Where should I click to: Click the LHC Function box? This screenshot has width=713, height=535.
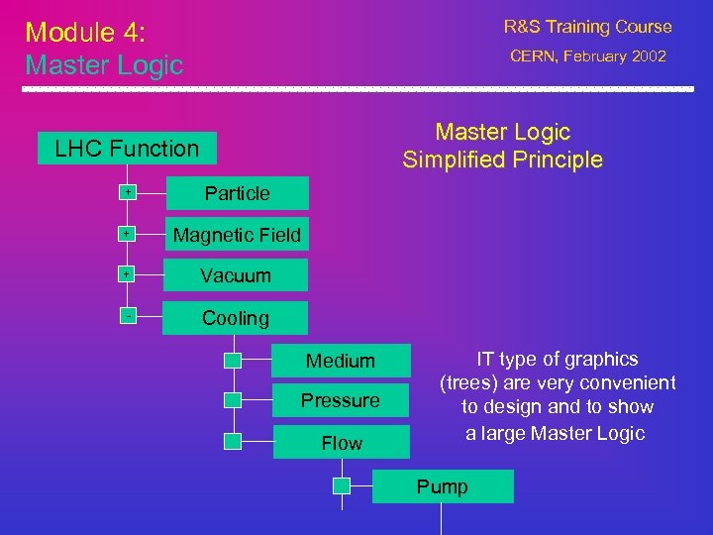127,149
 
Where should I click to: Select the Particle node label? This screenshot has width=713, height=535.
237,193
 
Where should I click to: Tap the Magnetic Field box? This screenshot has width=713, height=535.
237,236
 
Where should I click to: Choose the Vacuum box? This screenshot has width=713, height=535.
236,276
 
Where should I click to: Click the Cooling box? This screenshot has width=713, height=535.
236,318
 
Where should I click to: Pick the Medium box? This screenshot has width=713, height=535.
341,361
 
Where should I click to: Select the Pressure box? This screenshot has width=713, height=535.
341,400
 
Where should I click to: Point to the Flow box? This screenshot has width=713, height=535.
341,442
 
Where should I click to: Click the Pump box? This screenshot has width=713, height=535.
443,486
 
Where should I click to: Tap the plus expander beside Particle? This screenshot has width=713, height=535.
128,192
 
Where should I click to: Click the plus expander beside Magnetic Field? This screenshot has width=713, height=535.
128,234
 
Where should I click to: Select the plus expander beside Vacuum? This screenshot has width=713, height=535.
128,274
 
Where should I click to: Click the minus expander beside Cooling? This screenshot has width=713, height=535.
128,316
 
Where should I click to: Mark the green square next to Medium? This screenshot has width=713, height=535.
232,361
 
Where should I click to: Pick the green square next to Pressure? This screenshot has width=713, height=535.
232,400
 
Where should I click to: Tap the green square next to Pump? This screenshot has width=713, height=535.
341,485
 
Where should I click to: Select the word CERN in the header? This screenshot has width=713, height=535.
534,56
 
